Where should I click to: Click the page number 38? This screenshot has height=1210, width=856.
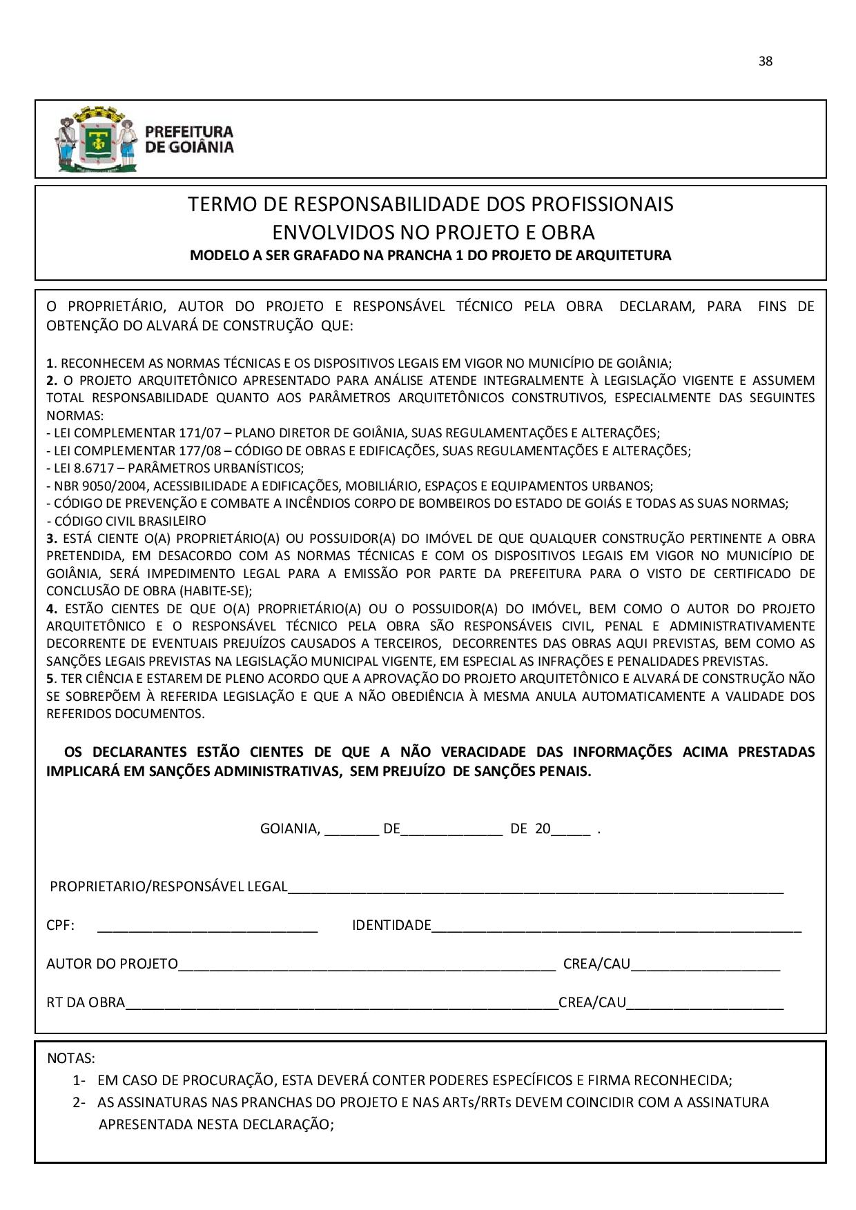765,61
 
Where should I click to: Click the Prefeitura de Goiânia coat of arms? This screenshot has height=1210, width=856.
95,139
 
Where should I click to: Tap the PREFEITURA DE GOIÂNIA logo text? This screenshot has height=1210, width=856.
188,139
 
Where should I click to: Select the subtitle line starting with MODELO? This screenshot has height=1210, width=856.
430,256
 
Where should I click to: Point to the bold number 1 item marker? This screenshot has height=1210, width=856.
50,363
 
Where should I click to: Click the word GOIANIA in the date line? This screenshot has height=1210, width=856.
289,829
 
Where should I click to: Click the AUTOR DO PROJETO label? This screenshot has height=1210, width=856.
112,964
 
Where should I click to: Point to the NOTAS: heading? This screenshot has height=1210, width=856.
71,1058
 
